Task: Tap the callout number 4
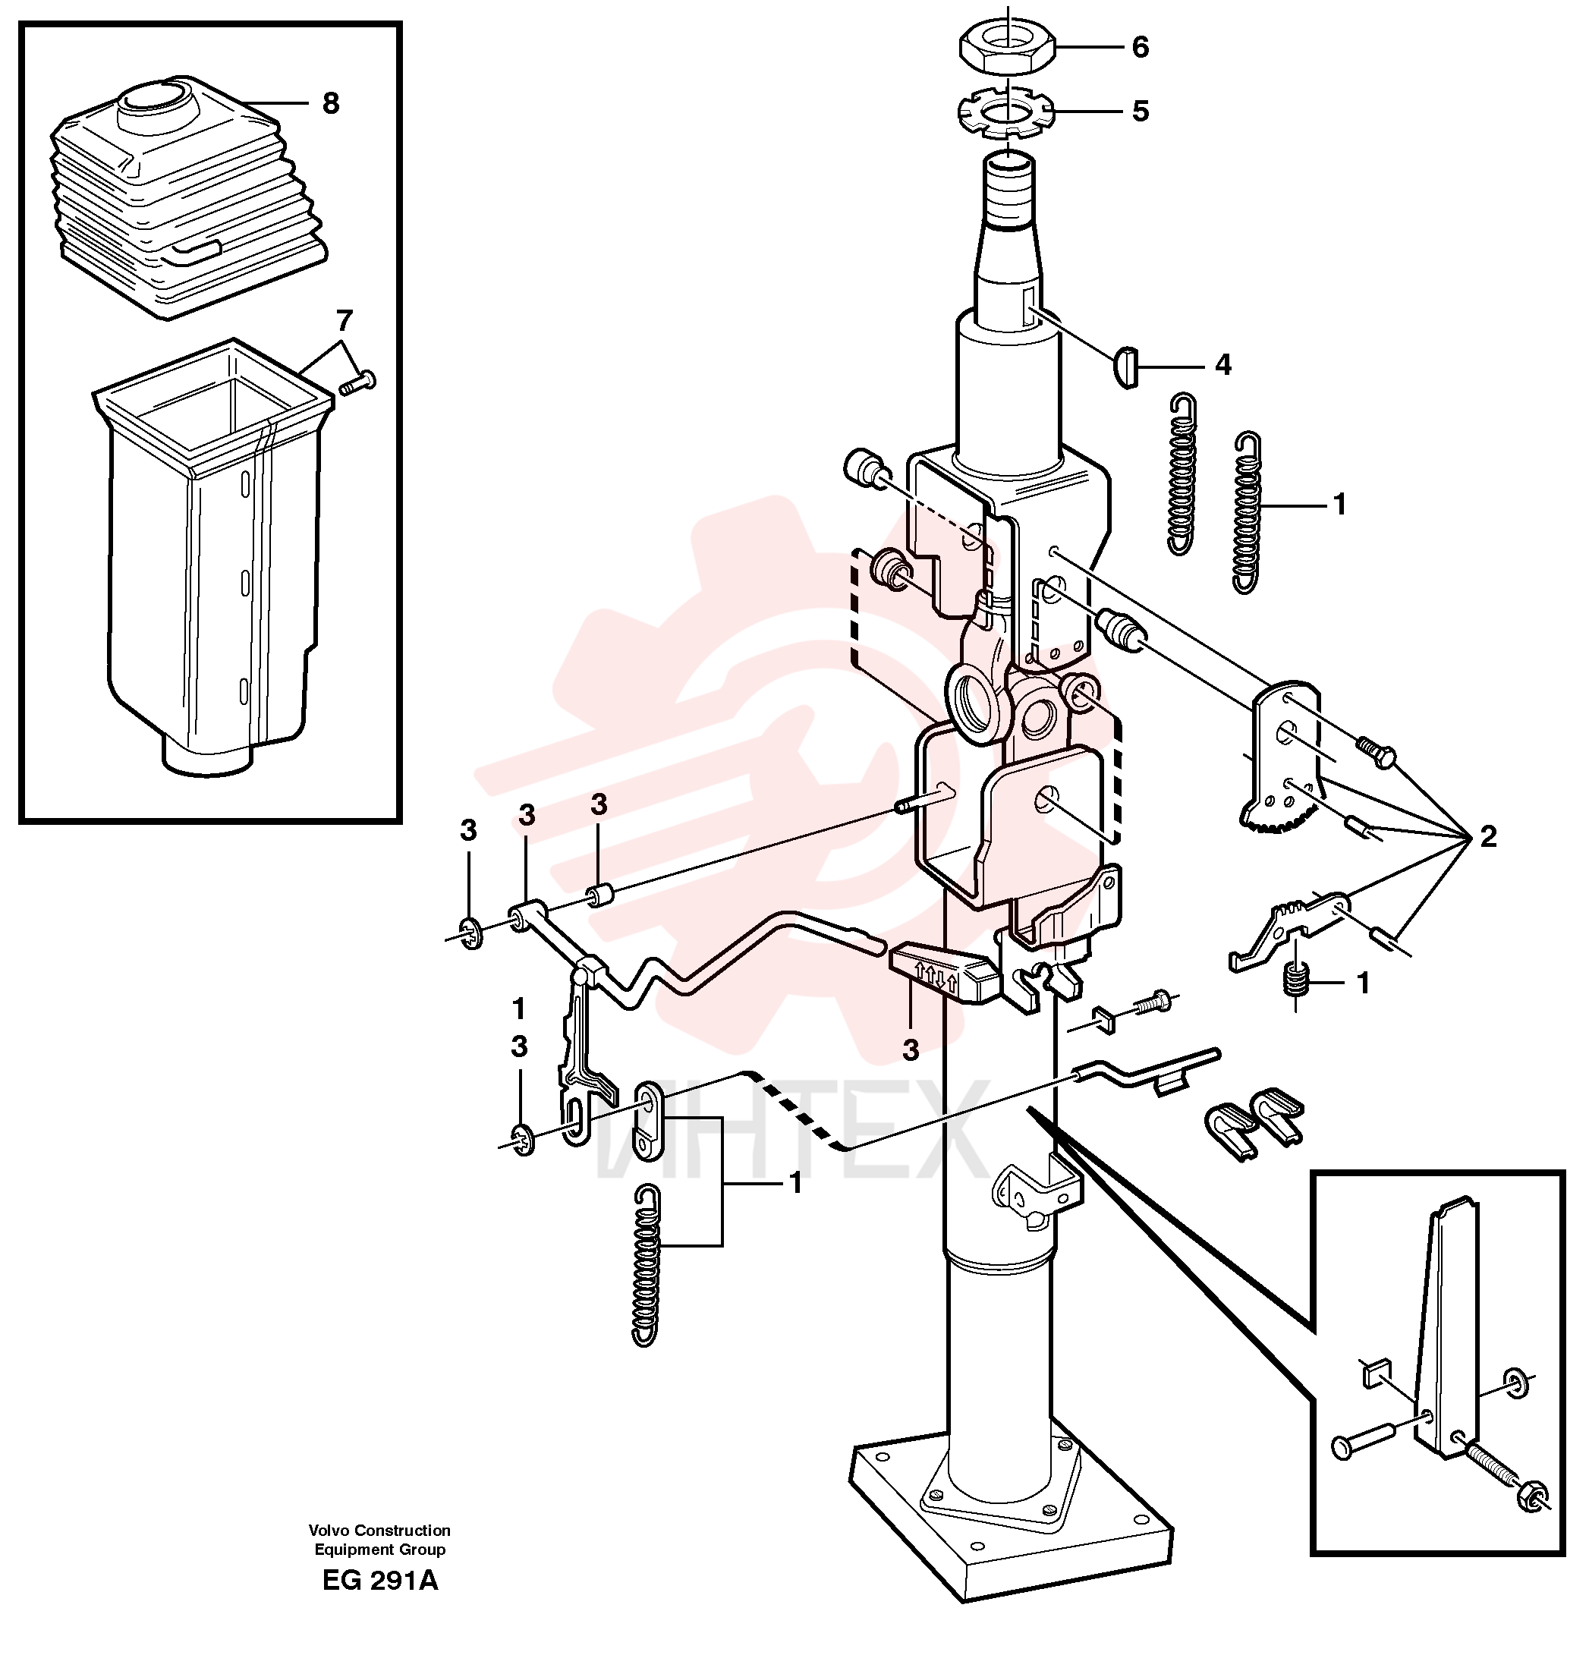[x=1222, y=365]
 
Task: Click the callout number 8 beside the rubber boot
[x=330, y=103]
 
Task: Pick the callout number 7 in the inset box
[x=344, y=321]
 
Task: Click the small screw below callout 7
[x=357, y=383]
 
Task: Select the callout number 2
[x=1487, y=837]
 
